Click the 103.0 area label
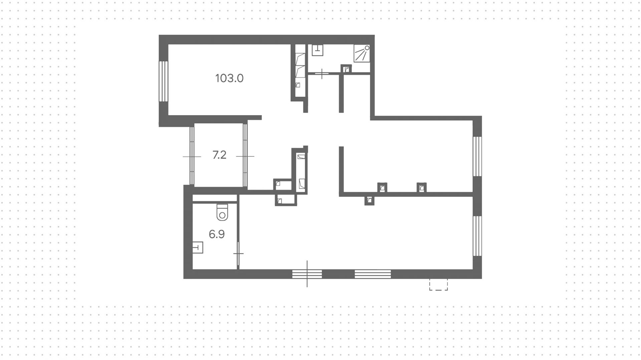[229, 78]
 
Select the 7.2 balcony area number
[219, 155]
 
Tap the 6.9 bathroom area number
[216, 234]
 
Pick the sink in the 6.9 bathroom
[198, 247]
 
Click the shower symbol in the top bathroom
[362, 53]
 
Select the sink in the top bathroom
[317, 50]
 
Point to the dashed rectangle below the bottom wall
[438, 285]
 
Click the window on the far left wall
[163, 81]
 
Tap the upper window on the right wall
[477, 156]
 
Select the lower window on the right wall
[477, 236]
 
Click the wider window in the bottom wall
[373, 274]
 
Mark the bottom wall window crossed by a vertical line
[307, 274]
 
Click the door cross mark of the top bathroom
[322, 73]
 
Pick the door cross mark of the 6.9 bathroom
[238, 254]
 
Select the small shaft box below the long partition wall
[369, 201]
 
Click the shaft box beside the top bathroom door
[347, 69]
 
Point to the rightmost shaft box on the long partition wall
[422, 188]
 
